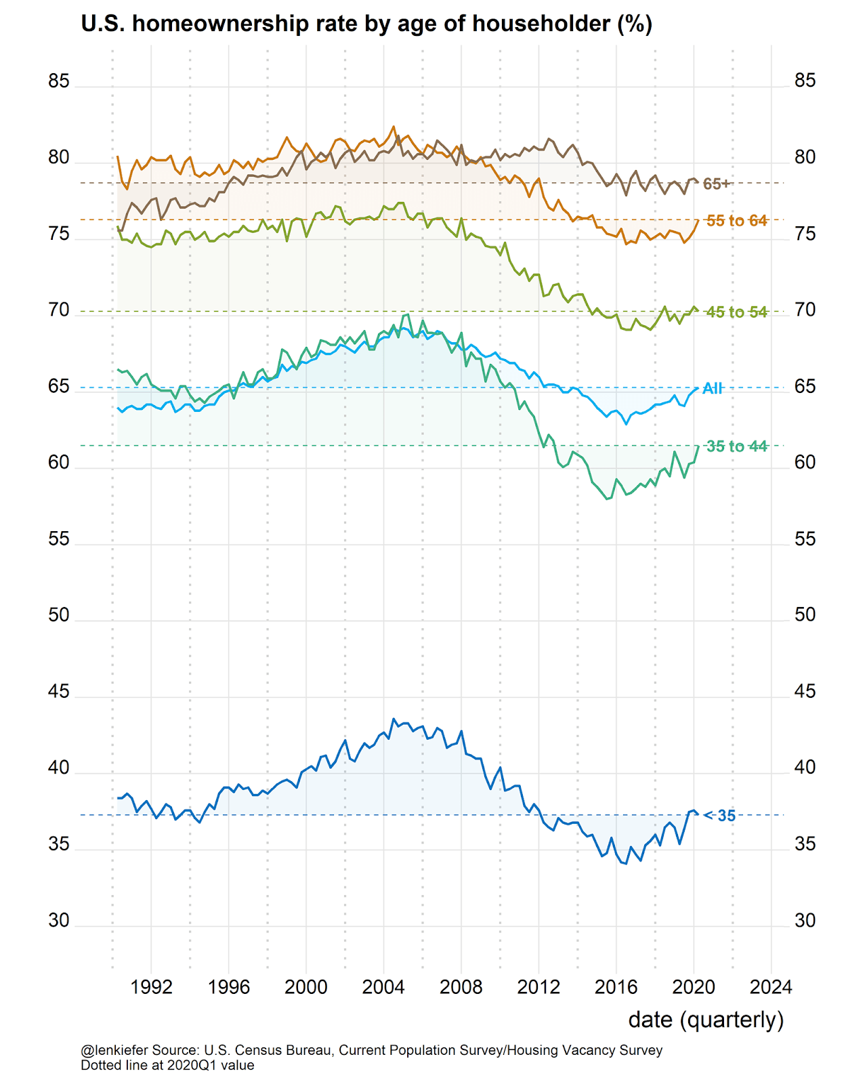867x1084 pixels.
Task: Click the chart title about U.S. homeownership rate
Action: click(x=366, y=24)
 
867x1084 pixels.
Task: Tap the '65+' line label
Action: click(x=717, y=184)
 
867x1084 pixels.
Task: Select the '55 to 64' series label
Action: click(x=737, y=221)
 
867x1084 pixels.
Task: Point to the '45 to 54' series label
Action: click(x=737, y=312)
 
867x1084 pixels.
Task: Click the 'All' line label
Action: click(x=713, y=388)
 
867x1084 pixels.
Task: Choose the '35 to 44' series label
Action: click(x=737, y=446)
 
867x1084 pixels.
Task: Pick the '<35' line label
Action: click(x=721, y=816)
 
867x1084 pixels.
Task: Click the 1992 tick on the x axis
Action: click(x=151, y=987)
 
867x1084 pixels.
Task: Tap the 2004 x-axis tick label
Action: click(x=383, y=987)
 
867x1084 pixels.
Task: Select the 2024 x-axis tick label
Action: click(x=771, y=987)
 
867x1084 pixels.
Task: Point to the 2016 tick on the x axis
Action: click(x=616, y=987)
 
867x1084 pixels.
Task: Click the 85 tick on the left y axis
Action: click(x=59, y=81)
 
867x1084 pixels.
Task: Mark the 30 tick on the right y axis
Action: click(x=805, y=921)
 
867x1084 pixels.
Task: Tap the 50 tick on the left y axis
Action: click(x=59, y=615)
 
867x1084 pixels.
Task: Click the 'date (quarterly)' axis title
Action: click(x=706, y=1020)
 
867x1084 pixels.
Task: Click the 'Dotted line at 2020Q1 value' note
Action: click(x=167, y=1065)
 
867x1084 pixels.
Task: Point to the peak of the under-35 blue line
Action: click(x=394, y=719)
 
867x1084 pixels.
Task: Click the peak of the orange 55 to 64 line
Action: click(x=394, y=127)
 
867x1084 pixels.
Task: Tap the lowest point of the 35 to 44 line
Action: click(x=607, y=499)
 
